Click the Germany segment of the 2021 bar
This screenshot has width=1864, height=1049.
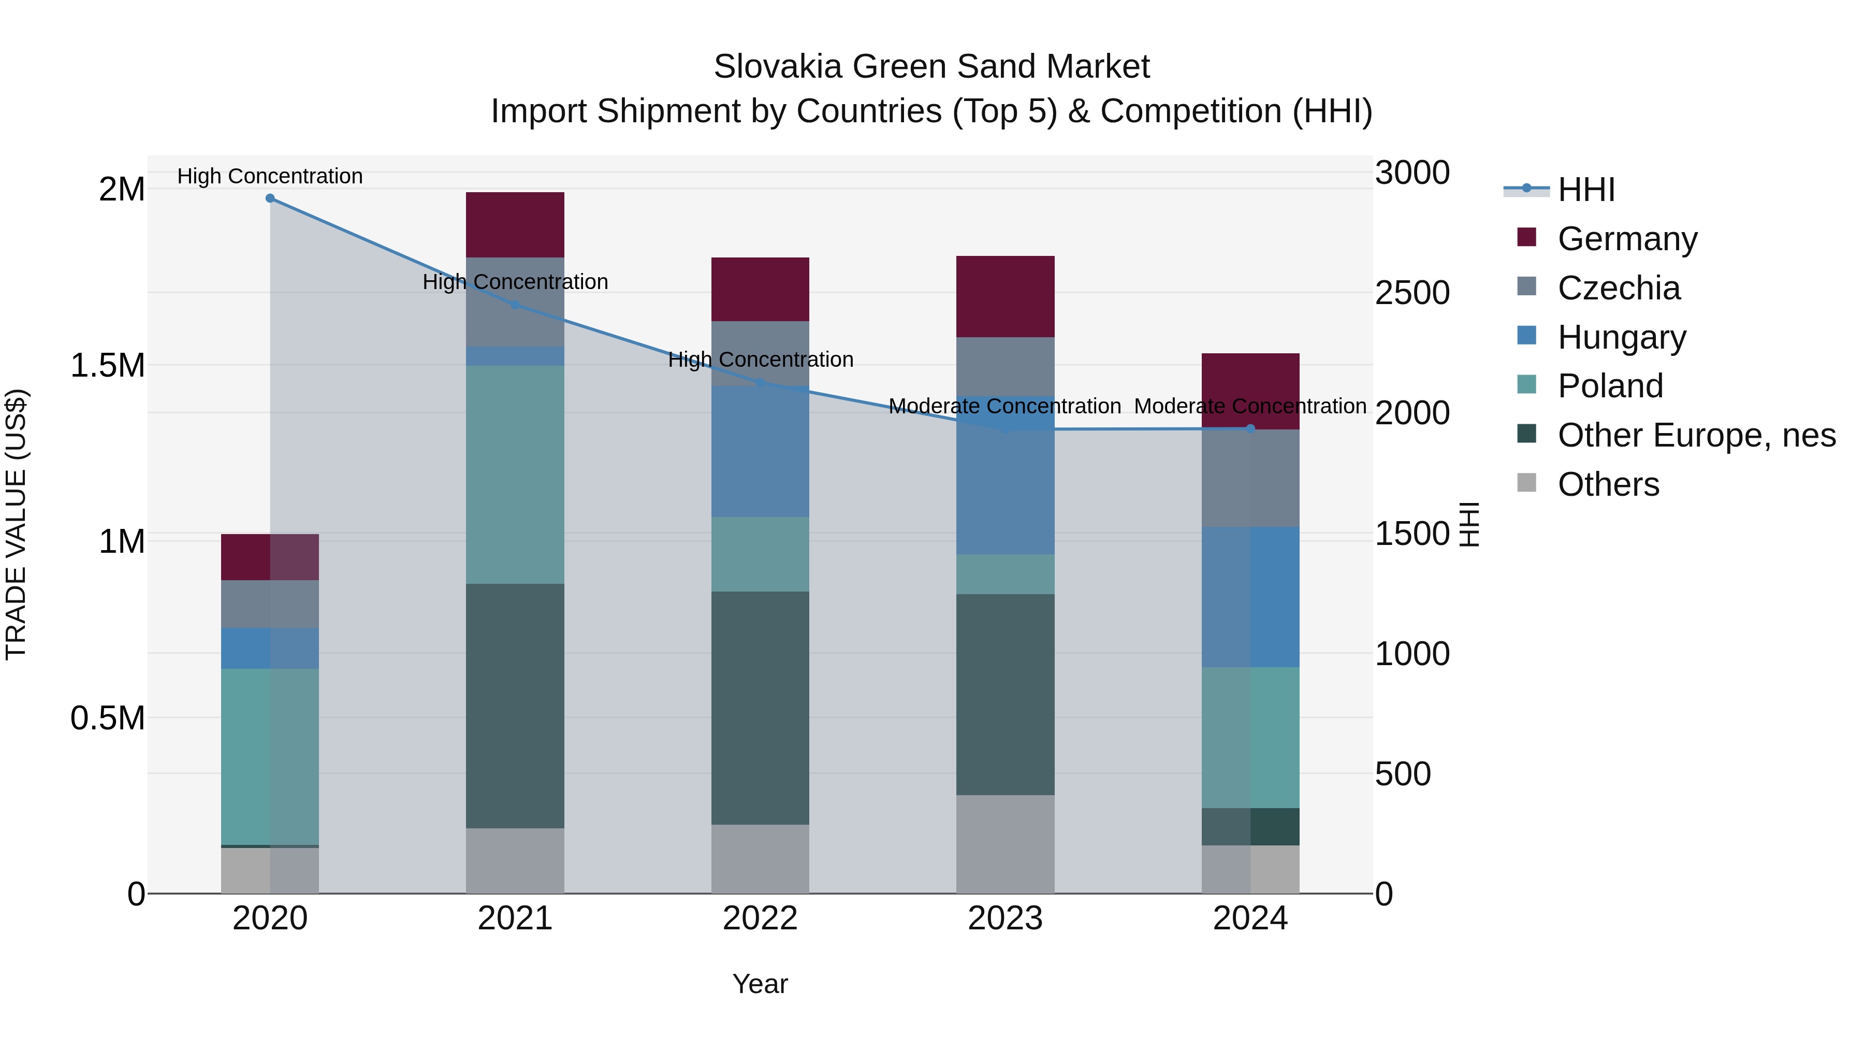point(515,224)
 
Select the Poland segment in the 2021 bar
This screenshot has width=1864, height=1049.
point(515,474)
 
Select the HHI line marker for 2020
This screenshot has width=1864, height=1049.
point(270,198)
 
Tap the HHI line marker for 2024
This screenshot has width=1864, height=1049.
point(1250,428)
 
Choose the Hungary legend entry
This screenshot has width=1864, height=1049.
point(1621,337)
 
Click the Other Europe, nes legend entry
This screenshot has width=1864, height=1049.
point(1695,435)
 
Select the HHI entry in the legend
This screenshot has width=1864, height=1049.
point(1585,190)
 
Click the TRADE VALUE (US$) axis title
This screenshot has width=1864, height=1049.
point(16,524)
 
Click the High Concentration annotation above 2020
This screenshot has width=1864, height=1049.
point(270,176)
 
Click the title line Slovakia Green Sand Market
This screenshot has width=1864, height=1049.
point(931,67)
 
